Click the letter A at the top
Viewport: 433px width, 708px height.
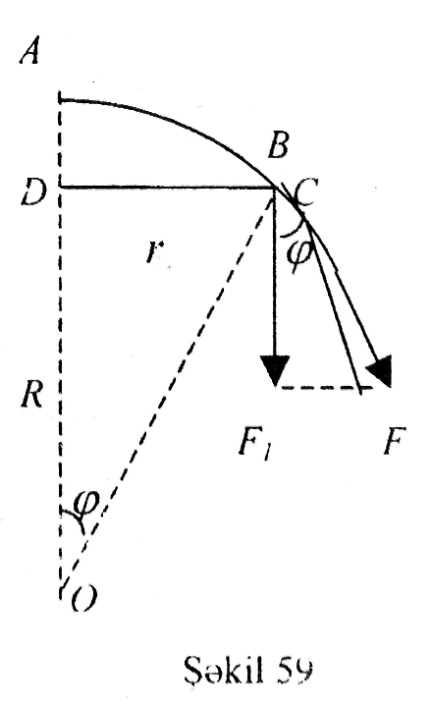tap(29, 51)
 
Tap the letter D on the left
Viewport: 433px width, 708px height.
tap(34, 191)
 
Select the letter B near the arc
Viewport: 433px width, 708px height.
tap(277, 145)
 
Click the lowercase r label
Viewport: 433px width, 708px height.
tap(155, 251)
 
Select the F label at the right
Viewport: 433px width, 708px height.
tap(395, 440)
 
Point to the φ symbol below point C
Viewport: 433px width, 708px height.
tap(298, 255)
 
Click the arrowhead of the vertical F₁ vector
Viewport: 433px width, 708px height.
tap(275, 370)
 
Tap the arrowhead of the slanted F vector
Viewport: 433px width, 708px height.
tap(380, 370)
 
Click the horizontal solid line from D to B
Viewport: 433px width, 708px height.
tap(168, 187)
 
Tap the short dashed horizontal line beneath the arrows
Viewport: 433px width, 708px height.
tap(325, 388)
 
